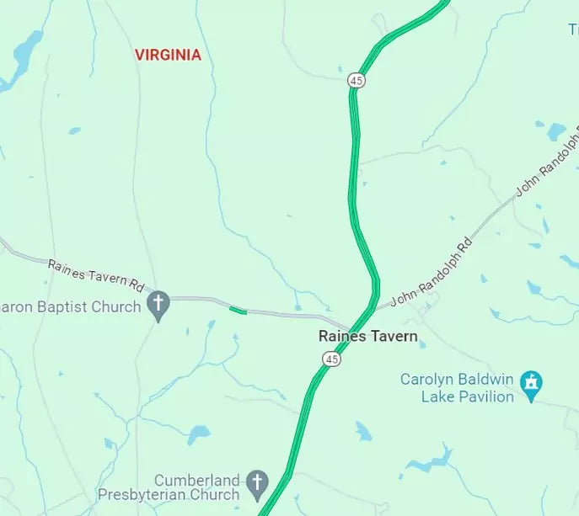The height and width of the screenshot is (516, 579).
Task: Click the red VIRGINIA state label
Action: coord(169,55)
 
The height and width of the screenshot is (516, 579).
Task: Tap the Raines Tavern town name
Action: coord(367,336)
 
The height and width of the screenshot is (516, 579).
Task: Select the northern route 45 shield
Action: coord(356,80)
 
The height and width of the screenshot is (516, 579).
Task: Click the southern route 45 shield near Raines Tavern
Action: coord(331,359)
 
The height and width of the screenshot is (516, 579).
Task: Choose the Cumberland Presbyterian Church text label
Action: coord(169,487)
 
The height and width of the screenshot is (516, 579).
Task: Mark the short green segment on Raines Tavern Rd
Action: coord(238,311)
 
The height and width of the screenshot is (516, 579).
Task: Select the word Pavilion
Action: coord(485,396)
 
